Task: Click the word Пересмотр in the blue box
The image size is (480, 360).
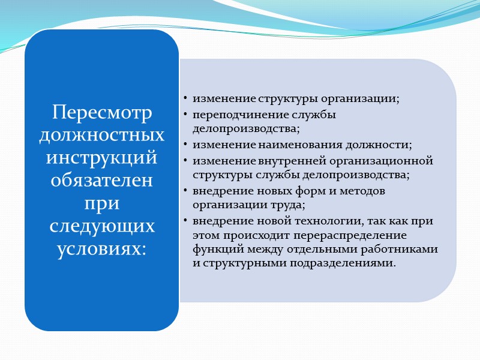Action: [101, 112]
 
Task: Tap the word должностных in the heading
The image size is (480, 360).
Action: [101, 136]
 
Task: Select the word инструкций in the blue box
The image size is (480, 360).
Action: [101, 158]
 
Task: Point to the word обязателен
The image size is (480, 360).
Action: [101, 181]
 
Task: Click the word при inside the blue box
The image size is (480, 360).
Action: [101, 204]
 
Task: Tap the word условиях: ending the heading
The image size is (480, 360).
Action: [101, 250]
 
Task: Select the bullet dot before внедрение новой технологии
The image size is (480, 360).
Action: [187, 221]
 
